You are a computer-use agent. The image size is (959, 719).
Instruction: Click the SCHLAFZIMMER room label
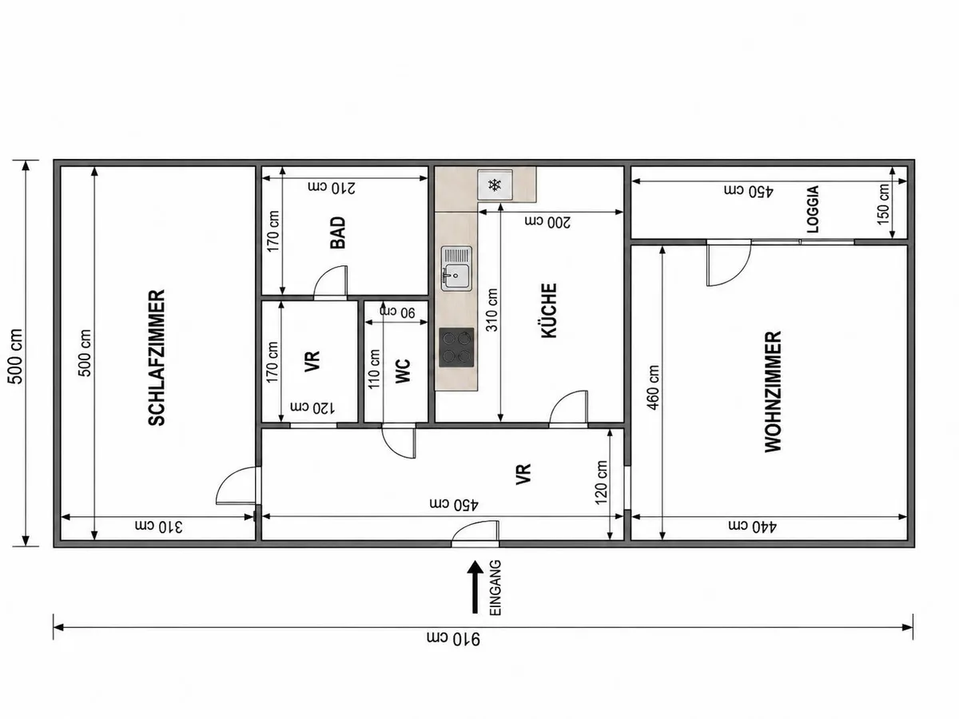point(157,357)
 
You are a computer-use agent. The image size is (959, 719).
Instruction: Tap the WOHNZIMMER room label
point(773,391)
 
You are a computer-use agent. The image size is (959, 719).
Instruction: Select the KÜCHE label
point(549,311)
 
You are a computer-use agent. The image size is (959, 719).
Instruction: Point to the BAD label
point(338,233)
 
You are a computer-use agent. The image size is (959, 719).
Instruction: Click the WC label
point(403,371)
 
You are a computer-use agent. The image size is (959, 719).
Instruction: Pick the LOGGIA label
point(813,209)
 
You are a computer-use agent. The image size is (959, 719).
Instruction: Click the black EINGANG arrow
point(475,587)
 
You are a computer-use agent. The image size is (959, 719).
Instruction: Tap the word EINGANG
point(495,588)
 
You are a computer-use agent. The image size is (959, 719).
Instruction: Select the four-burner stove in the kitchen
point(456,348)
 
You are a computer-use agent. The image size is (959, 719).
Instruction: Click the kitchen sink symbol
point(456,268)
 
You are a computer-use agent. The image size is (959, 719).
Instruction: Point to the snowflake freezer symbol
point(495,185)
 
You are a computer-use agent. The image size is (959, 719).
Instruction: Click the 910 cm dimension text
point(453,638)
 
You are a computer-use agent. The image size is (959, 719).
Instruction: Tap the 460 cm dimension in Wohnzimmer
point(653,387)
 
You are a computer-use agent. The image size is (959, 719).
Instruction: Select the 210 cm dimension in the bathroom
point(332,187)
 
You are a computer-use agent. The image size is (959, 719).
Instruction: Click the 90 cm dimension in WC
point(397,312)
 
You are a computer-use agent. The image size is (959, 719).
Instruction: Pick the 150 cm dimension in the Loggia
point(883,205)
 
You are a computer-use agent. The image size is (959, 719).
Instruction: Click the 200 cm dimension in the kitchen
point(547,222)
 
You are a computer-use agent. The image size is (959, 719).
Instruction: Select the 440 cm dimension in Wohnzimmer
point(752,526)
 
